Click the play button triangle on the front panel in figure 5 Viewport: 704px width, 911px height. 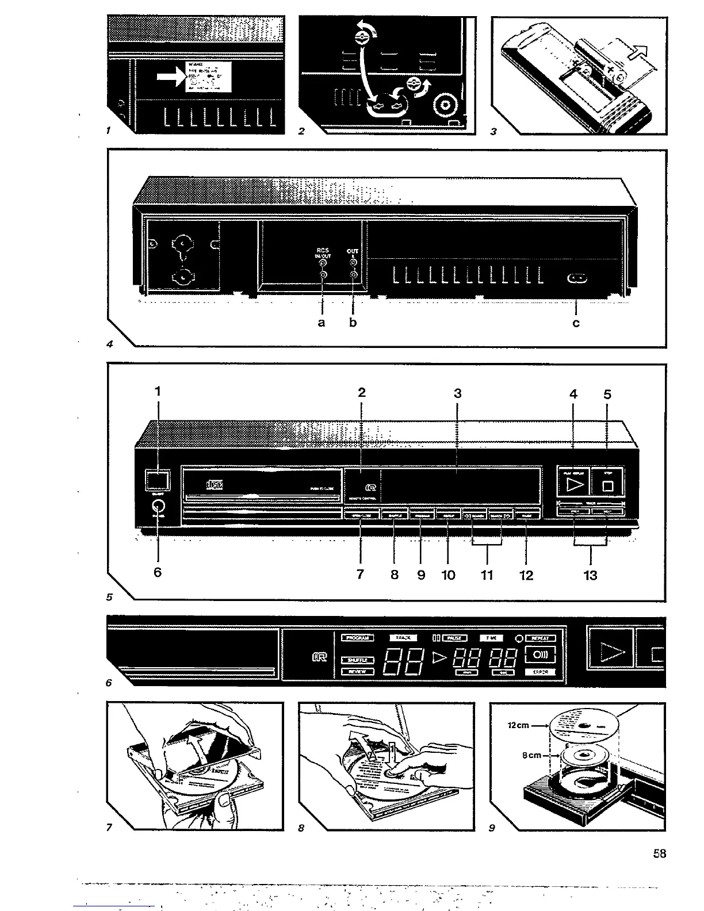tap(575, 485)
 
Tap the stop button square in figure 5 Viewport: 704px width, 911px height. tap(608, 487)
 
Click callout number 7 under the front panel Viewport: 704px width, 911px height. tap(360, 574)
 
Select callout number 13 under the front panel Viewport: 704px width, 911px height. tap(591, 575)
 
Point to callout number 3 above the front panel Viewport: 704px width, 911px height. tap(457, 393)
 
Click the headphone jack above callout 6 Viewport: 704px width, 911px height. tap(158, 506)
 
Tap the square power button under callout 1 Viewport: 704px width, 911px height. tap(157, 480)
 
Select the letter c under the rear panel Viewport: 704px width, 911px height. tap(576, 323)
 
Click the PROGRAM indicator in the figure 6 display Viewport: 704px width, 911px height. tap(358, 638)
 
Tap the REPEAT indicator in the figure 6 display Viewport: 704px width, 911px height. tap(540, 638)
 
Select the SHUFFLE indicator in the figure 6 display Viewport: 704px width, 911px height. tap(358, 660)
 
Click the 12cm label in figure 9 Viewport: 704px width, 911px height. tap(518, 725)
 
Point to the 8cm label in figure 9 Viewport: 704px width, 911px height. tap(531, 755)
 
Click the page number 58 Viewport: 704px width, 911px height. tap(659, 854)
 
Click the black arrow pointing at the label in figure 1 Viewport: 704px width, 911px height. tap(171, 78)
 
